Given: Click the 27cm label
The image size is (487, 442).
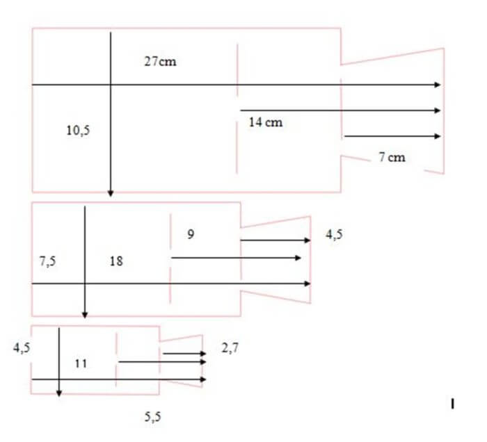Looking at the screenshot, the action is coord(160,61).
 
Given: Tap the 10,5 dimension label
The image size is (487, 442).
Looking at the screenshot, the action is coord(78,130).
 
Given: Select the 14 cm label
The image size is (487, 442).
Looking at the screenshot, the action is coord(266,122).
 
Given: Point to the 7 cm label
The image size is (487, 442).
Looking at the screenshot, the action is coord(392,157).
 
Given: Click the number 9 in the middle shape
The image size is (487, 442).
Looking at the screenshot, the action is coord(191,234).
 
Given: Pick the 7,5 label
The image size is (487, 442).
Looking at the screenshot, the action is coord(47,261).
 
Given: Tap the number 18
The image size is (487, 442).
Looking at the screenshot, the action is coord(116,261).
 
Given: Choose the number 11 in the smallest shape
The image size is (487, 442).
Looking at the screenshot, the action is coord(81,363).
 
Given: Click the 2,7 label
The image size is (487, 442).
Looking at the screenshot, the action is coord(230,348).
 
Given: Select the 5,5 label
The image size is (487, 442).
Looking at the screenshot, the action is coord(153,416).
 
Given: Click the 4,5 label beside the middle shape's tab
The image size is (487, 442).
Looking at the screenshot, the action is coord(334,234).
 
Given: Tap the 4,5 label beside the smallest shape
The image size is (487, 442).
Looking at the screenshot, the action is coord(22,347).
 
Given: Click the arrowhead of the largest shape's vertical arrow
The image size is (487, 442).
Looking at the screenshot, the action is coord(110,194).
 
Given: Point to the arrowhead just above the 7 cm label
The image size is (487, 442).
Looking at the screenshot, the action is coord(438,136).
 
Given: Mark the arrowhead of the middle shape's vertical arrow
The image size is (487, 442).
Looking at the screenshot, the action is coord(85,315).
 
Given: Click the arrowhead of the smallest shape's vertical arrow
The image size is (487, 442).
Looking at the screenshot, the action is coord(59,393).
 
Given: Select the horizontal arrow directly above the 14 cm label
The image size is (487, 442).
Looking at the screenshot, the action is coord(340,110).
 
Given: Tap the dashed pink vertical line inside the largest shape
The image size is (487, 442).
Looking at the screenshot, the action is coord(237,108).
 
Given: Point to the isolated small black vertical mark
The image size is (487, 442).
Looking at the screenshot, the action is coord(452,404).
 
